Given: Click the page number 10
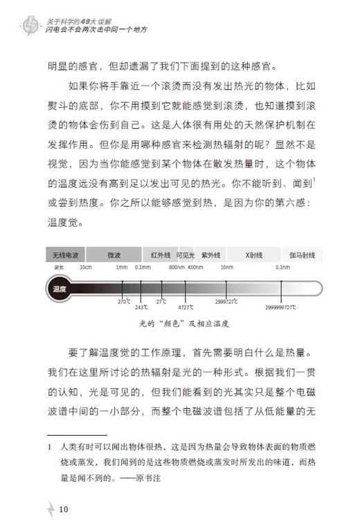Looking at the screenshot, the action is tap(64, 509).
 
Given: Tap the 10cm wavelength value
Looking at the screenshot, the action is tap(86, 267).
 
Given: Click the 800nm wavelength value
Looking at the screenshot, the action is tap(176, 267).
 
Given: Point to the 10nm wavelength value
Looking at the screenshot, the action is tap(227, 267).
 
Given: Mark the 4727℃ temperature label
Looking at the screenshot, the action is tap(186, 306).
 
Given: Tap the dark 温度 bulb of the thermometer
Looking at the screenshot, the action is tap(59, 288).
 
